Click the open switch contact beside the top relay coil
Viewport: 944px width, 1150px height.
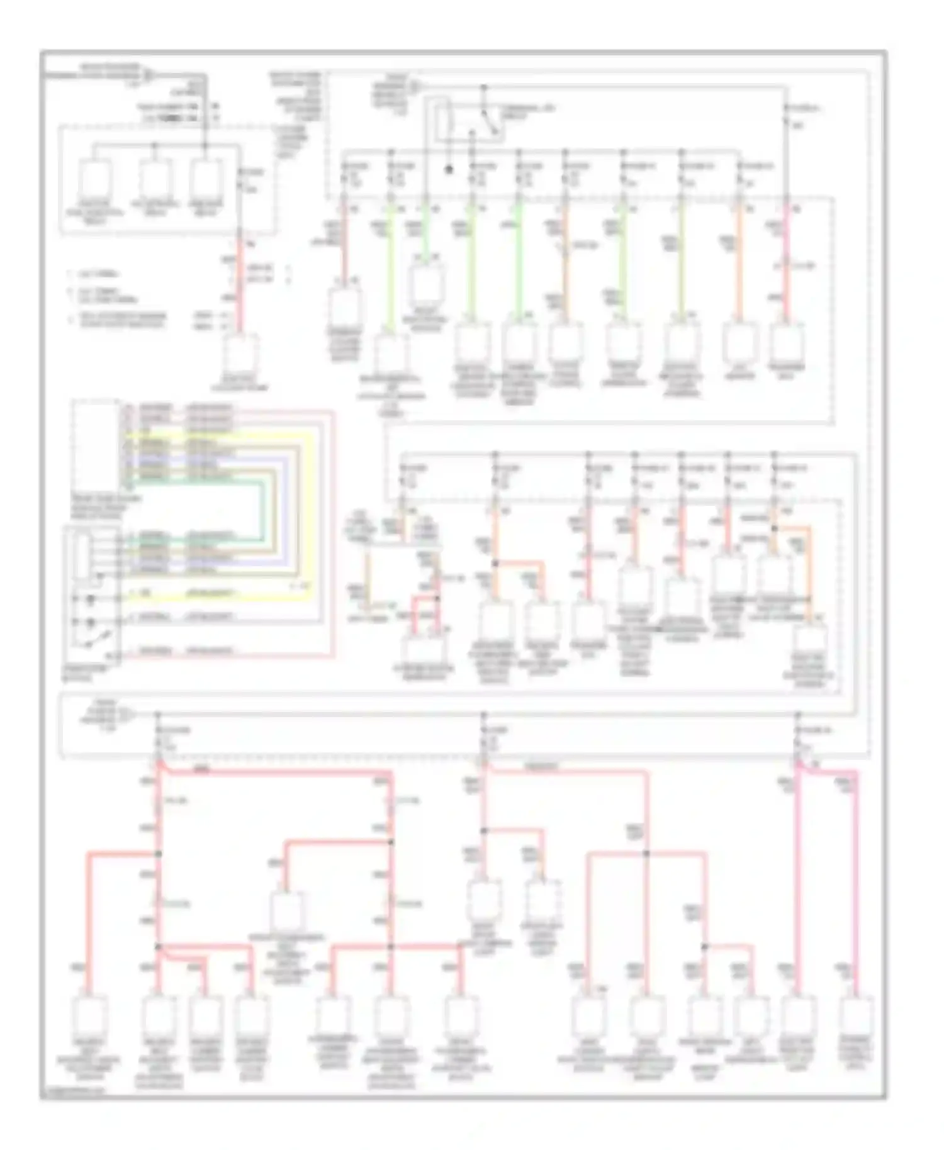point(490,123)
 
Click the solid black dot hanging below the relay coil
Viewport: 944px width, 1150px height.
point(449,169)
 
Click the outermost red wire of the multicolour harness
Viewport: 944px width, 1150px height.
point(332,535)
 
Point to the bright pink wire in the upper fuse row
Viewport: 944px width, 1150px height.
point(786,264)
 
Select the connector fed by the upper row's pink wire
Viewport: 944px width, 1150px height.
point(786,343)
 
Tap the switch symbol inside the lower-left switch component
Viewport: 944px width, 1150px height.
point(88,642)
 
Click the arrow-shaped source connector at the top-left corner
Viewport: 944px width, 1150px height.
point(149,75)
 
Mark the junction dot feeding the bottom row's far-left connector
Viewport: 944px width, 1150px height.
point(158,854)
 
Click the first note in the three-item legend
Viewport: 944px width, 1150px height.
point(94,274)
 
